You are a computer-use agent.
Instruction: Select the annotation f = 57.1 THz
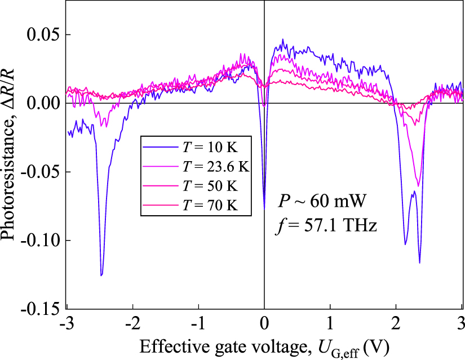(326, 226)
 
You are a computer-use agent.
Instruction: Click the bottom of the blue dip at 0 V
(264, 207)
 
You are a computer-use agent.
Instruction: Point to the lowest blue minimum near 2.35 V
(419, 263)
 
